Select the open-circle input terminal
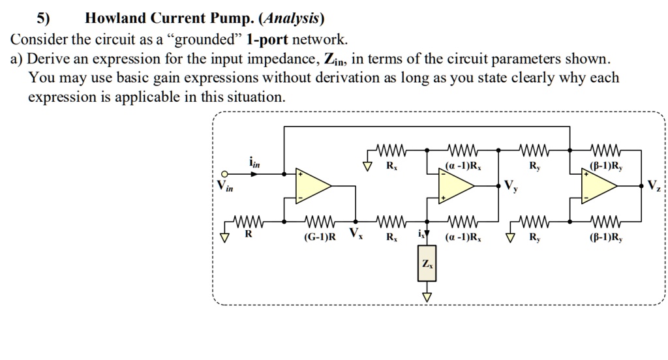(224, 174)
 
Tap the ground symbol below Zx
(427, 296)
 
